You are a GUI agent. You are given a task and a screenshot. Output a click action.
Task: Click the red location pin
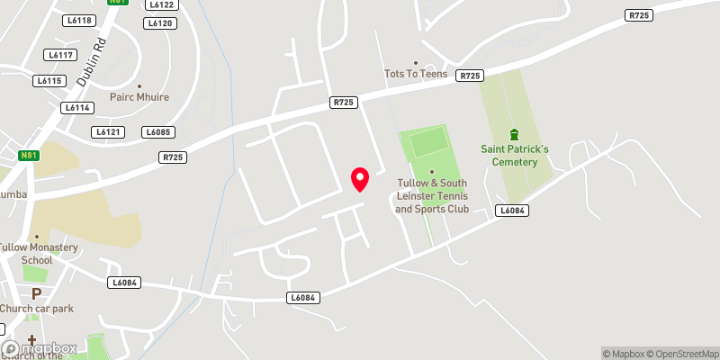tap(360, 179)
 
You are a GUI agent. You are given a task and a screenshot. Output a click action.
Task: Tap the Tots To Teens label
tap(416, 74)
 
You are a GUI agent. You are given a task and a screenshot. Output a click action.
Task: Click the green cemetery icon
tap(514, 134)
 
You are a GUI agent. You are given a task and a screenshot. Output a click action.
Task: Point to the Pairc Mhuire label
tap(139, 97)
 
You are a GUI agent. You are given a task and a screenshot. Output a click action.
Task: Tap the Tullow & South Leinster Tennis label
tap(432, 195)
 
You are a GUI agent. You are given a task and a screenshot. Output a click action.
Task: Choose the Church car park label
tap(37, 309)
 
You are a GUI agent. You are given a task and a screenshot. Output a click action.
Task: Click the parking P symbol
tap(37, 293)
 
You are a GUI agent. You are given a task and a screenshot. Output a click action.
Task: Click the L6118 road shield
tap(79, 20)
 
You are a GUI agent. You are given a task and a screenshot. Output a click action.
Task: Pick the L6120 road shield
tap(159, 23)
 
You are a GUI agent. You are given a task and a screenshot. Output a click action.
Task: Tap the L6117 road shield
tap(60, 55)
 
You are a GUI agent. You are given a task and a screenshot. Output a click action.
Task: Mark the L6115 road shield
tap(49, 81)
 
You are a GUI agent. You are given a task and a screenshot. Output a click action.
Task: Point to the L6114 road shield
tap(77, 107)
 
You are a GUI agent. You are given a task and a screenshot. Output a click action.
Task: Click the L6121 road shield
tap(108, 132)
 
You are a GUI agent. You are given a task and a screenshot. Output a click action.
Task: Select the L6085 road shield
tap(157, 132)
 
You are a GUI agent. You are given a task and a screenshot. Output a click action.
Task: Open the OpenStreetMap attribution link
tap(682, 353)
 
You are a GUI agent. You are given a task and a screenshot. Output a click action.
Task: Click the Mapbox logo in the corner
tap(40, 348)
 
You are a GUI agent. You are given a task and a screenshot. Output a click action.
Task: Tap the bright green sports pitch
tap(428, 142)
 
